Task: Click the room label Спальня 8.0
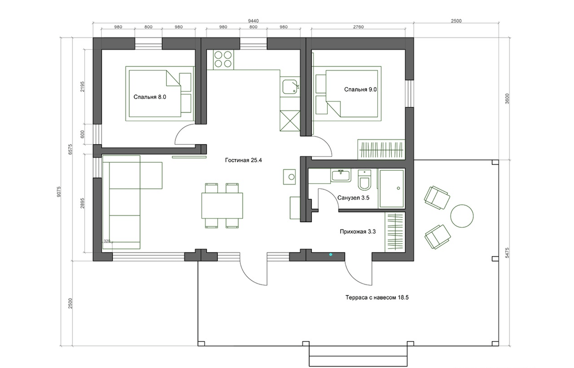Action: [x=150, y=97]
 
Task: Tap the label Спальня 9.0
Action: [x=360, y=90]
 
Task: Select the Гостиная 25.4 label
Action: [x=244, y=160]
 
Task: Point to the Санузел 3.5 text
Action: [x=353, y=198]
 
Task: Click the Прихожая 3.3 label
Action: [x=358, y=232]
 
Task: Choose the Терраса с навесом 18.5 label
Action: [x=377, y=298]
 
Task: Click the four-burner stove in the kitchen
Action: [x=223, y=60]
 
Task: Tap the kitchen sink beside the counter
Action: [x=290, y=87]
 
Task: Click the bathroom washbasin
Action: [x=341, y=175]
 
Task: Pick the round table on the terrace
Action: [x=462, y=216]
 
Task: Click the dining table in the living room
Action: [x=222, y=206]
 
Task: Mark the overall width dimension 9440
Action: [x=253, y=21]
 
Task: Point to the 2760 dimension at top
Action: [x=358, y=27]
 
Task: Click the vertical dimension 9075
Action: [x=59, y=192]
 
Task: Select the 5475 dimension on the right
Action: [x=507, y=253]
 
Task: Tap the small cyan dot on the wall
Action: [x=330, y=254]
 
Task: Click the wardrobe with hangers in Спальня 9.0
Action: [x=381, y=149]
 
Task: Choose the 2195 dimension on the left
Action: [x=82, y=87]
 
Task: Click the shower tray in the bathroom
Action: [x=392, y=188]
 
